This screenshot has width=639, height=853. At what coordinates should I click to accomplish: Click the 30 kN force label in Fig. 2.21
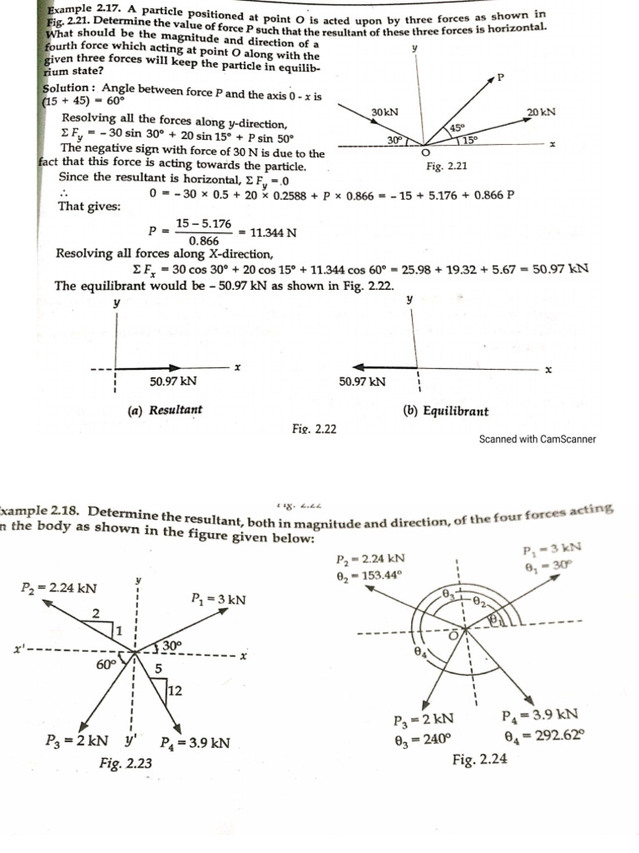(384, 112)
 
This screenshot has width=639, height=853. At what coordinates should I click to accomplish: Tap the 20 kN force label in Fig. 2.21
(541, 111)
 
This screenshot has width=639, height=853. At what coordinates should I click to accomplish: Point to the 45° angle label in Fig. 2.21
(457, 127)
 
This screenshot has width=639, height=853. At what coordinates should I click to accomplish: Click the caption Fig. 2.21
(446, 167)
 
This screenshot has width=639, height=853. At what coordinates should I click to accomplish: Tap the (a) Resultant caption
(165, 410)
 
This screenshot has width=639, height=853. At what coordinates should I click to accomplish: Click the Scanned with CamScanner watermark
(537, 439)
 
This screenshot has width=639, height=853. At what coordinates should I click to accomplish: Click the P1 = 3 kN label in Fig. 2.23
(218, 600)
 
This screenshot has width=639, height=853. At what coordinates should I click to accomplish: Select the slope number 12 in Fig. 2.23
(175, 690)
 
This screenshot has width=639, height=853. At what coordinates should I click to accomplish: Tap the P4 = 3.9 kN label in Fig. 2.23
(195, 743)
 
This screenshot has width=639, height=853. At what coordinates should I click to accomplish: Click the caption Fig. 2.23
(125, 762)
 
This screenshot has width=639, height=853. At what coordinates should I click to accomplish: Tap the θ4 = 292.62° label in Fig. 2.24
(544, 735)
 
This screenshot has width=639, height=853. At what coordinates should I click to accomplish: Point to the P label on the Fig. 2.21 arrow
(500, 77)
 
